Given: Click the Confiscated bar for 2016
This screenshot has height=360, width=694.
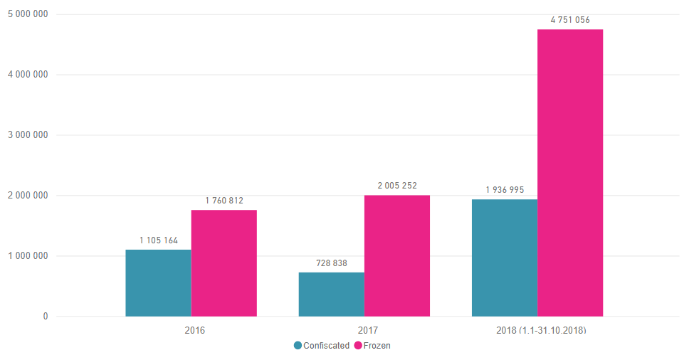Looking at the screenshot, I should pos(158,282).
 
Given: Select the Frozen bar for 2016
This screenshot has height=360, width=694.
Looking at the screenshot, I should pos(224,263).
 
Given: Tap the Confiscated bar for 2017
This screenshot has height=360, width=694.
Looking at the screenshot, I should pos(331,294).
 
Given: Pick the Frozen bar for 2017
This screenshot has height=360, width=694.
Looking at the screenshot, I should pos(397,255).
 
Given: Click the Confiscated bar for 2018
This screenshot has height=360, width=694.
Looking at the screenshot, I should pos(504,258).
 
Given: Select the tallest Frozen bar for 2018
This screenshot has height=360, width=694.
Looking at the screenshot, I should pos(570,173).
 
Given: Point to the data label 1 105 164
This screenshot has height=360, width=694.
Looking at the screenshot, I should pos(159,240).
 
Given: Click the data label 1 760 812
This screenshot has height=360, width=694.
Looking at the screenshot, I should pos(224,201).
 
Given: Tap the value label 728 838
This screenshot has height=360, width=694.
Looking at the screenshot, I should pos(332,263).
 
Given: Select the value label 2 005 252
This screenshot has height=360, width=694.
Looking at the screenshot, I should pos(397,186).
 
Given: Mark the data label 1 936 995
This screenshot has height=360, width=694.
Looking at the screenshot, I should pos(505,190).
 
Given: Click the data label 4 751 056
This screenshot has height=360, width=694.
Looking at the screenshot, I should pos(570,20).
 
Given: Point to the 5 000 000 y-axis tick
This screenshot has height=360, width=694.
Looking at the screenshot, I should pos(28,14).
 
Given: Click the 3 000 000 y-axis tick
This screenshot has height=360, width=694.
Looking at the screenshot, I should pos(28,135).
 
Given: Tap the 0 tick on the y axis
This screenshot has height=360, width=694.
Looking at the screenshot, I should pos(46,317).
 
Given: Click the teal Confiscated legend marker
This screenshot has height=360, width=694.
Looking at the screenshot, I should pos(298,346).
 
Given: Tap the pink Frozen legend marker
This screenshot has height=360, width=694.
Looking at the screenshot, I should pos(358,346).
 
